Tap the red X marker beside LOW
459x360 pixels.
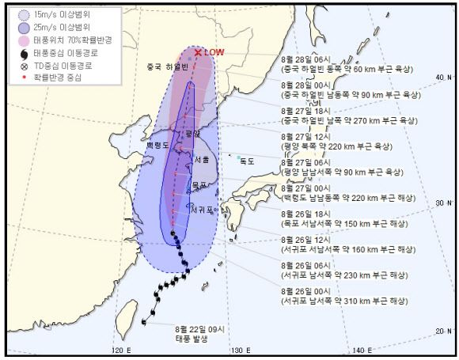point(198,52)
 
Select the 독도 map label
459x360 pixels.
point(248,161)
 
